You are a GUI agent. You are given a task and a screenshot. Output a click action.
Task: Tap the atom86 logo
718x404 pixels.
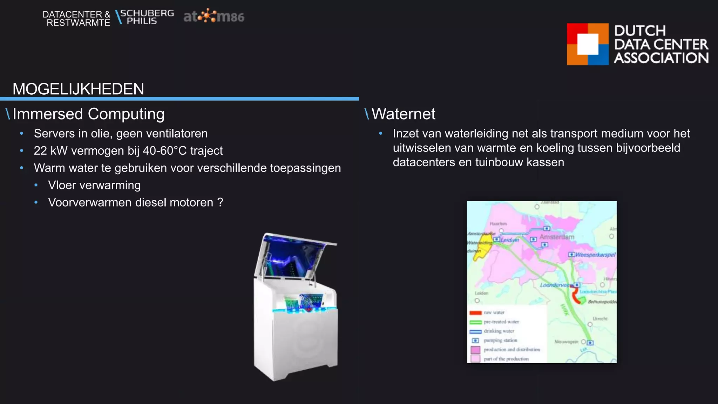[x=214, y=16]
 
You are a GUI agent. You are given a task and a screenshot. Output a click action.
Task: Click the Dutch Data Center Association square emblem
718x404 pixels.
[x=588, y=44]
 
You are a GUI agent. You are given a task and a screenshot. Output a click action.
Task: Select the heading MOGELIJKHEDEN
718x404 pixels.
[x=78, y=89]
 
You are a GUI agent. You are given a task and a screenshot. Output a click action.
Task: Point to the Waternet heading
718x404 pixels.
[x=403, y=114]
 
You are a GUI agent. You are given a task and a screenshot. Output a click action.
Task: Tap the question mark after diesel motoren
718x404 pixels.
[x=220, y=202]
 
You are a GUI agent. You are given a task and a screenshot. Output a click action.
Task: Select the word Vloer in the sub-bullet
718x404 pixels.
[x=62, y=185]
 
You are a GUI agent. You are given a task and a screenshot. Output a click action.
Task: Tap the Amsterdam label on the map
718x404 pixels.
[x=557, y=237]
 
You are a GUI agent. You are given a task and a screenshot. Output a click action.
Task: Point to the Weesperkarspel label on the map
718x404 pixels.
[x=595, y=255]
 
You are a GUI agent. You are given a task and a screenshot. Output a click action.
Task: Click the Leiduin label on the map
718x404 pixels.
[x=509, y=240]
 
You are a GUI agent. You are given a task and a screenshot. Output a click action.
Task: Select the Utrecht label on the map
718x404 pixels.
[x=600, y=319]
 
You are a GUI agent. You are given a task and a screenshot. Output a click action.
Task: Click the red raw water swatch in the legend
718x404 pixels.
[x=475, y=313]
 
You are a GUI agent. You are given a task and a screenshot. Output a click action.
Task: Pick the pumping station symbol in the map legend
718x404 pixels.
[x=475, y=341]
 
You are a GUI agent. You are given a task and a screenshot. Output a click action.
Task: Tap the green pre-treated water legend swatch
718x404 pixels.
[x=475, y=322]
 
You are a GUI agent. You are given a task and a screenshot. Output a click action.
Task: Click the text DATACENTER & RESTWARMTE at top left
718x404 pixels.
[x=76, y=19]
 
